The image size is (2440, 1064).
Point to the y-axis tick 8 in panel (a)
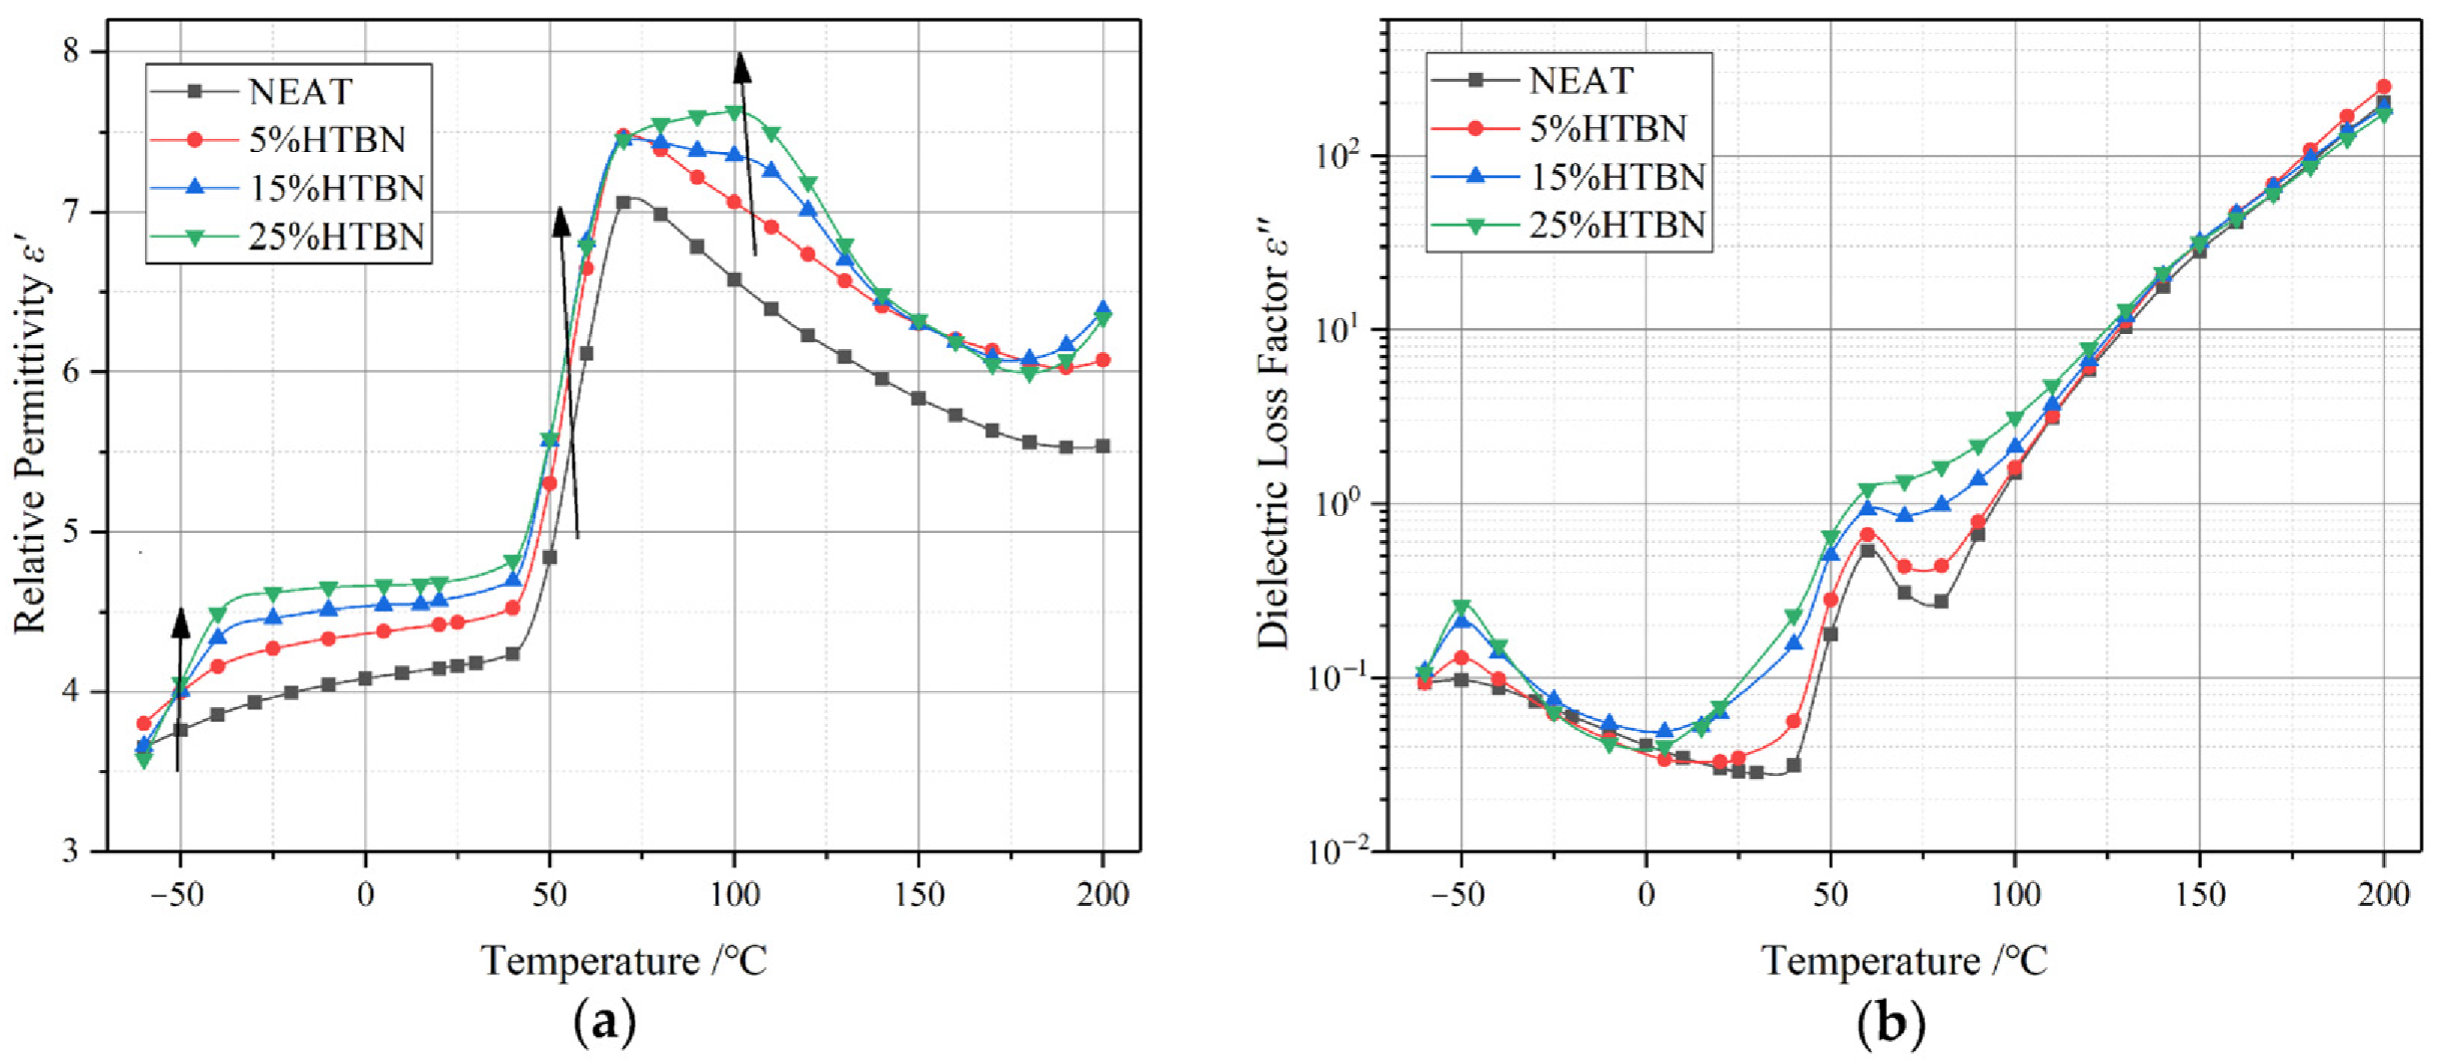[73, 51]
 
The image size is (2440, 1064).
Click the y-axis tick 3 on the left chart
[73, 851]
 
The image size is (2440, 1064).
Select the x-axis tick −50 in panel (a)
[178, 895]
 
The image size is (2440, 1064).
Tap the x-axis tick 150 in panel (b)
[2199, 895]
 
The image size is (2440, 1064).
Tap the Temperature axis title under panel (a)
[623, 961]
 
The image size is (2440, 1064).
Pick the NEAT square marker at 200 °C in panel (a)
[1103, 446]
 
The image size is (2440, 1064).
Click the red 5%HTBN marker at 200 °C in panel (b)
[2384, 87]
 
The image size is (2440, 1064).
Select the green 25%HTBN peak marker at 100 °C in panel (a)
[733, 112]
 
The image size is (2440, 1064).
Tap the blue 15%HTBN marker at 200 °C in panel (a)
[1103, 309]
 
